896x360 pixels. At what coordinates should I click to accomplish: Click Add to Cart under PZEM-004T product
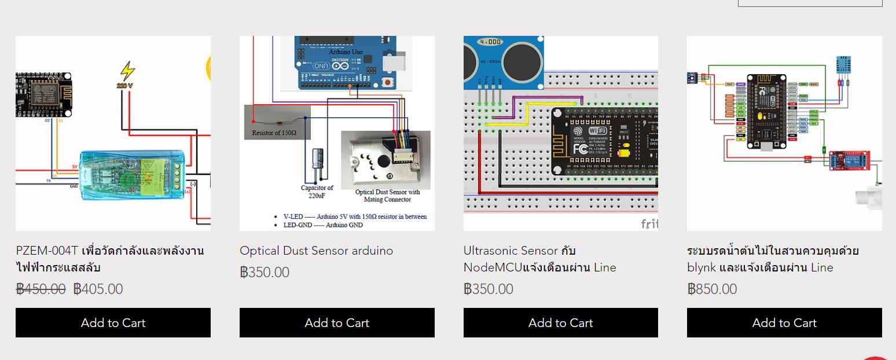(113, 322)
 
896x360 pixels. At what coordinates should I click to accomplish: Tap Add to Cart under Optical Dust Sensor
(337, 322)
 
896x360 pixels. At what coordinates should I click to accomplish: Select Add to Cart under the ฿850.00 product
(784, 322)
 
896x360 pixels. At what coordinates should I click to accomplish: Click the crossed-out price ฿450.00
(41, 289)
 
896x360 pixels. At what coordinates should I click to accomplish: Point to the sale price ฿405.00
(98, 289)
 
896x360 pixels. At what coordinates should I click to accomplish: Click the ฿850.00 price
(712, 289)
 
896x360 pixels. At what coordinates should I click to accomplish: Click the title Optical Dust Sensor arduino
(316, 251)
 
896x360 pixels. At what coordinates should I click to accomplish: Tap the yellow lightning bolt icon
(127, 71)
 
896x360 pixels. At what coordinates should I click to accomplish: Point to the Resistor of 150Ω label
(274, 133)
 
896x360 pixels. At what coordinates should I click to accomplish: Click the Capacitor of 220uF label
(317, 192)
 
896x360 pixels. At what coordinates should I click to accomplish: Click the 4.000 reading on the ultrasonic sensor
(490, 42)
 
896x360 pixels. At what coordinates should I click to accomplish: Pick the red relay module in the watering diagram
(849, 160)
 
